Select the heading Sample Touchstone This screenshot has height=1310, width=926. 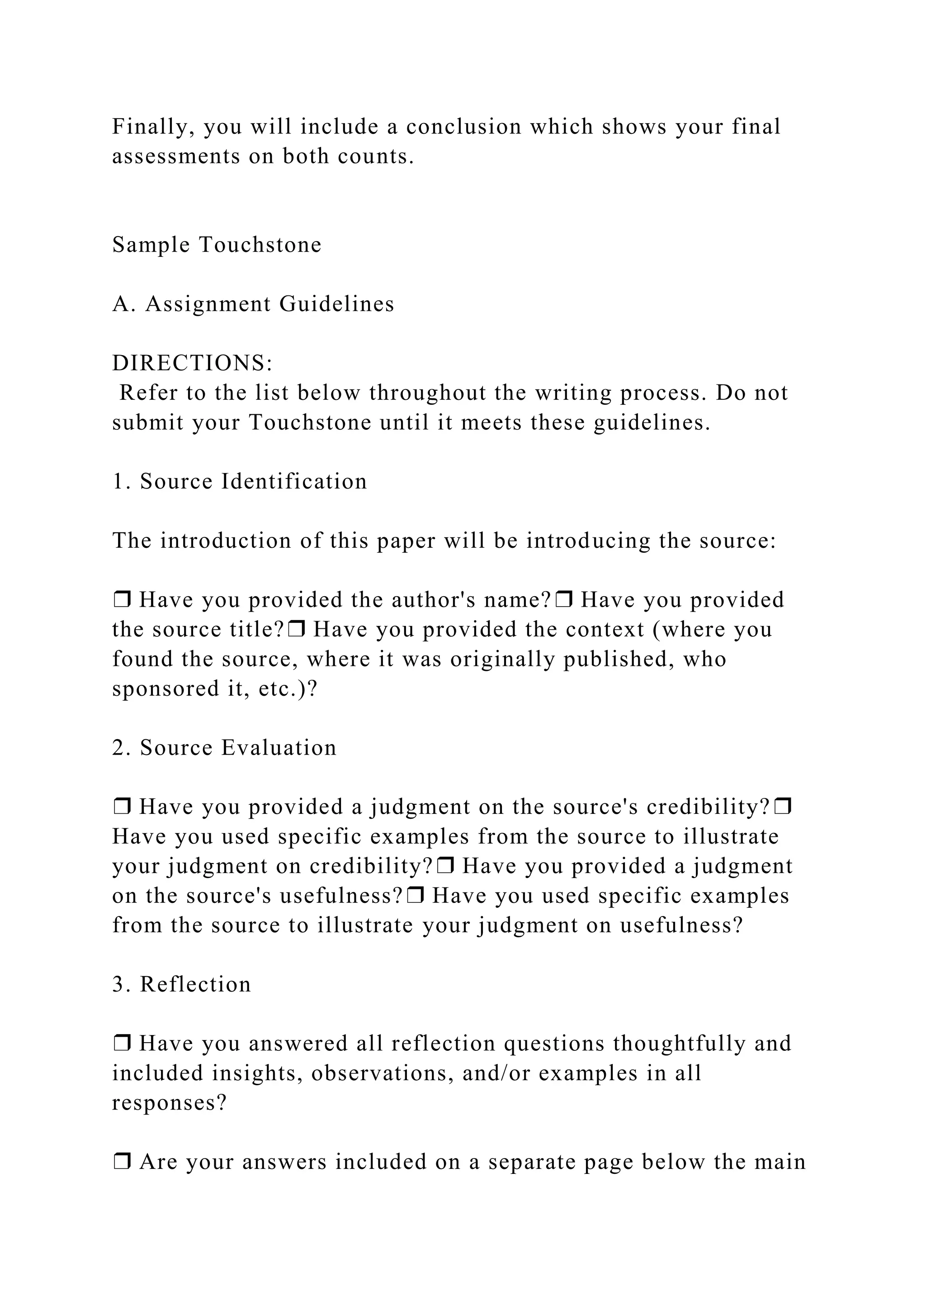click(x=217, y=245)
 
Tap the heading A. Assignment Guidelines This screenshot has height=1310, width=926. click(x=253, y=304)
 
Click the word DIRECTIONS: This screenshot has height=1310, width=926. click(x=193, y=363)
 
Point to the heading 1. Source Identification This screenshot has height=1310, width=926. click(x=240, y=482)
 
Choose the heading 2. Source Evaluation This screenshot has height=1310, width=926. click(x=224, y=748)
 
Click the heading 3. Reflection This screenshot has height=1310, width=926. click(x=181, y=985)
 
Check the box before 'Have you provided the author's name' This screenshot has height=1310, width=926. click(x=122, y=600)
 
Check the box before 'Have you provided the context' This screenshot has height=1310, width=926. click(x=297, y=629)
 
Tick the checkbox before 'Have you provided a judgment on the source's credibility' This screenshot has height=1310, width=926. click(x=122, y=807)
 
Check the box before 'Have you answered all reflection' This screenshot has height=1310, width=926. click(x=122, y=1044)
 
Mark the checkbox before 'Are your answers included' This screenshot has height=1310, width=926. click(x=122, y=1162)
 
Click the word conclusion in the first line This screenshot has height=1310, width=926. click(x=463, y=127)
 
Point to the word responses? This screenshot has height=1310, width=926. click(x=170, y=1103)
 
